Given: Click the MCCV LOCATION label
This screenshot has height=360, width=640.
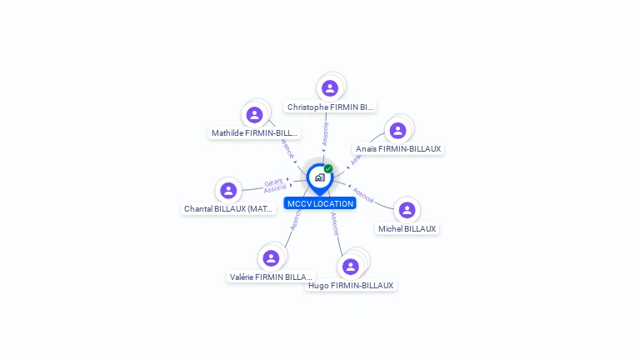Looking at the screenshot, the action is [x=320, y=203].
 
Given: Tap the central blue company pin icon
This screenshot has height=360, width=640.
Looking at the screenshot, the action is [x=319, y=177].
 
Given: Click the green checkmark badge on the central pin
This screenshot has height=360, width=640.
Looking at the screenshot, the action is [x=328, y=168].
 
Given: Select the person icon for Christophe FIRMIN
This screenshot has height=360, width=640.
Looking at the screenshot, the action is [x=330, y=87].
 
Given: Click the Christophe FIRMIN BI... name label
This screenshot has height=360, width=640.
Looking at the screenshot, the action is [x=330, y=107].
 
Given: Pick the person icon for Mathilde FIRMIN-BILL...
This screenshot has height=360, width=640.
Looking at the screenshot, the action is [x=255, y=114].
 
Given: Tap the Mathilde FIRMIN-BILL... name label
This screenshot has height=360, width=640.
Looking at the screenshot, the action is [x=254, y=132].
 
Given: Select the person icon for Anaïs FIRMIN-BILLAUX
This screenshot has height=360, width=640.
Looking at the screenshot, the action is [x=397, y=130].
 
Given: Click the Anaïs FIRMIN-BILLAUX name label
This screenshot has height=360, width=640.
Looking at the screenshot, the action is [x=398, y=149].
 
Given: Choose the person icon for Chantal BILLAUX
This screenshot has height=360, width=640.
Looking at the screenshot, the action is [x=228, y=190].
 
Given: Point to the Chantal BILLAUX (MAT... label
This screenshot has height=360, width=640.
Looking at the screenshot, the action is [x=229, y=209].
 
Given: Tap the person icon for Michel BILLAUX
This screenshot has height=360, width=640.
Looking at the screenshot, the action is [x=407, y=209].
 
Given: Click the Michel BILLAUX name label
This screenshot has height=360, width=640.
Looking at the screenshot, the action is [x=407, y=228].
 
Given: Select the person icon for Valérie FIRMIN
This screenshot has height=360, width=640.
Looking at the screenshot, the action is [x=271, y=257].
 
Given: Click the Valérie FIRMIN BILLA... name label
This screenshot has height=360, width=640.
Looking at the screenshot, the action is [x=272, y=277].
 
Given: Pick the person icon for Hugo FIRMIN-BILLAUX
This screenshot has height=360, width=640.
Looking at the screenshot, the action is [x=351, y=266].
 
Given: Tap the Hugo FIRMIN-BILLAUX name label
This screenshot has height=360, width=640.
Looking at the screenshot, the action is [x=350, y=285].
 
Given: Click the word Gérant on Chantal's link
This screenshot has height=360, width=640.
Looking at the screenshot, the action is [x=273, y=182].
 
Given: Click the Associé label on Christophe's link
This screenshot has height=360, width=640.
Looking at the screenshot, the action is [x=326, y=133].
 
